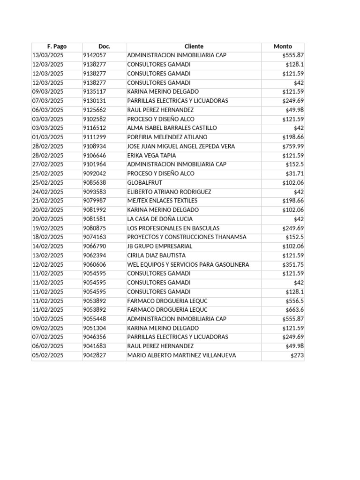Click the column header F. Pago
click(x=57, y=46)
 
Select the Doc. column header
click(x=104, y=46)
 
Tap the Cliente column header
click(x=194, y=46)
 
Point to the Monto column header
click(x=283, y=46)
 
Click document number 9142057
click(x=94, y=55)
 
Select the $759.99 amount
click(x=293, y=146)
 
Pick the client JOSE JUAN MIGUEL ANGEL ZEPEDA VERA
click(x=181, y=146)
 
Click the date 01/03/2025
click(x=47, y=137)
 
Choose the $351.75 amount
click(x=293, y=264)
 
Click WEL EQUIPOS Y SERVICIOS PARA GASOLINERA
click(x=188, y=264)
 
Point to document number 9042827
click(x=94, y=355)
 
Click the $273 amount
click(x=297, y=355)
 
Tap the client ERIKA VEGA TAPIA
click(x=151, y=155)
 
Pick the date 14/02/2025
click(x=47, y=246)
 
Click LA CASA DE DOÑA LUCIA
click(x=160, y=219)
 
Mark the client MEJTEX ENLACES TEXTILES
click(x=162, y=201)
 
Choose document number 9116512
click(x=94, y=128)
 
